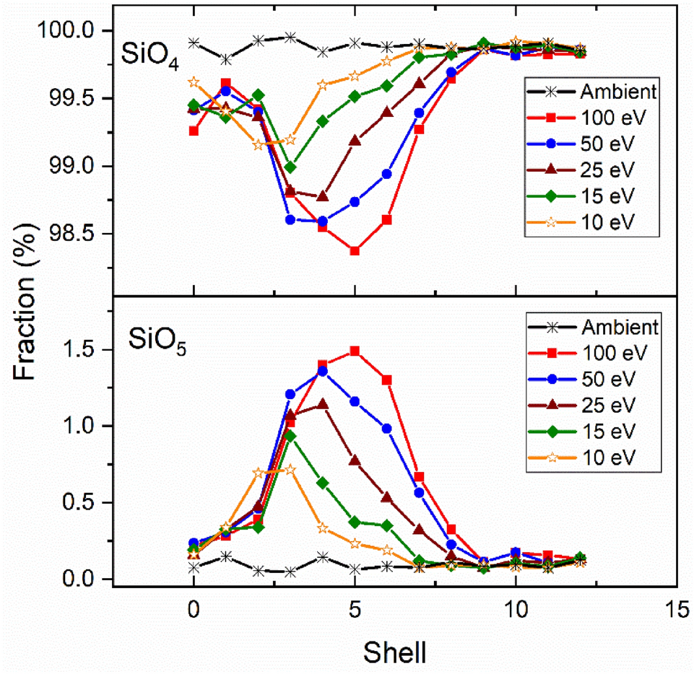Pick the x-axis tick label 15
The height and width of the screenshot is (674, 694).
(x=676, y=610)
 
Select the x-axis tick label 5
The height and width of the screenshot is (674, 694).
(x=355, y=610)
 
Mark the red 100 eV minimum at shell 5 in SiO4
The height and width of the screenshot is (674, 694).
(x=355, y=250)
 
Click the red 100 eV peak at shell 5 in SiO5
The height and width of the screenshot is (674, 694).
(x=355, y=351)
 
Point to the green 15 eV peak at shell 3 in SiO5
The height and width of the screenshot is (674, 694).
(x=290, y=436)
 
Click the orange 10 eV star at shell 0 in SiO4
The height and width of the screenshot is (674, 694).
(x=194, y=82)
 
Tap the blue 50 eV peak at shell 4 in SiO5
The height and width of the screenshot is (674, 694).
(x=322, y=371)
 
